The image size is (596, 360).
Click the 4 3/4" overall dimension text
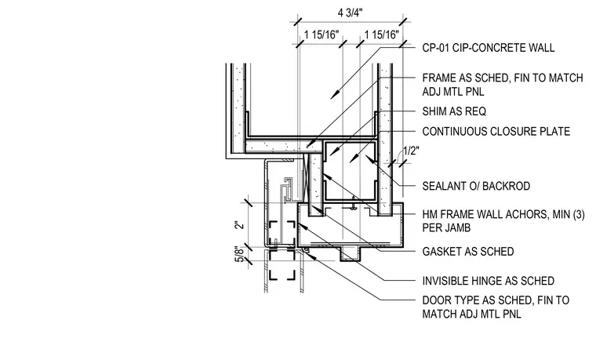350,13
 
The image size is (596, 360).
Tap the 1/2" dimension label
411,151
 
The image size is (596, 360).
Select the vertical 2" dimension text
238,225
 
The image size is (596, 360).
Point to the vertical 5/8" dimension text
239,254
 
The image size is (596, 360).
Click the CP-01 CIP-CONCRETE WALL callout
489,48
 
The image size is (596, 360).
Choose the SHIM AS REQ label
454,111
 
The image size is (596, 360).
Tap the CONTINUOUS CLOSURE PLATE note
496,132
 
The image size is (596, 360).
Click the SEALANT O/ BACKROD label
476,186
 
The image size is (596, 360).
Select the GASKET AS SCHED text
468,252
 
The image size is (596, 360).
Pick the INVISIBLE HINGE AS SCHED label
488,281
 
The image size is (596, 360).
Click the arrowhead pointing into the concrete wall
334,95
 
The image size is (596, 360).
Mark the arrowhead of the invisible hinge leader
301,225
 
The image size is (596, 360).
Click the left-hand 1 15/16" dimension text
322,35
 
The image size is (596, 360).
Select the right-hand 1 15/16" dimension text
382,35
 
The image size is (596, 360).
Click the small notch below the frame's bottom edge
350,254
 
